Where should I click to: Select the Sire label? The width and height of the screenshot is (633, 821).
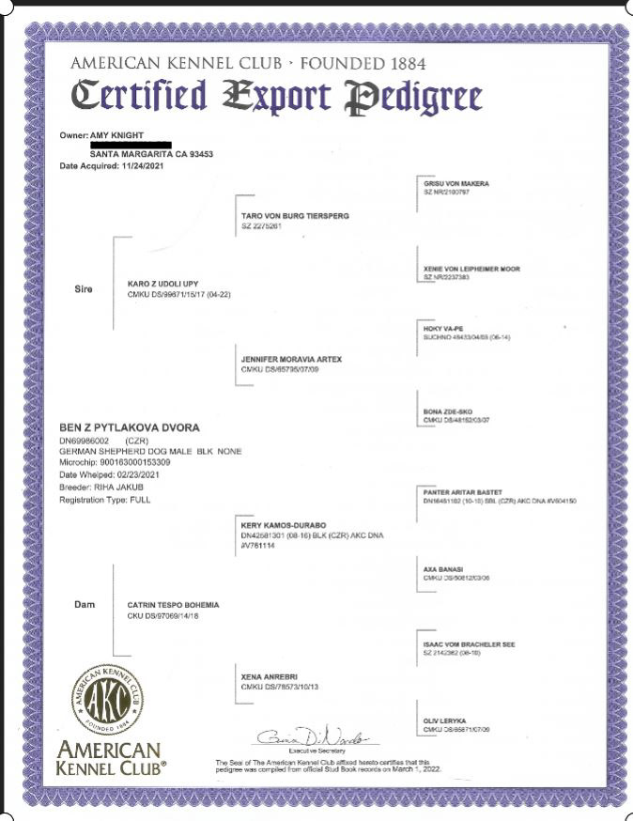84,289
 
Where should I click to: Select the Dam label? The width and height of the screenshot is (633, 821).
84,604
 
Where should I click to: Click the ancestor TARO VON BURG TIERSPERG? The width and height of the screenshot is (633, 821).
295,216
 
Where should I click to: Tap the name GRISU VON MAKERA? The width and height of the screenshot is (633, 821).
456,183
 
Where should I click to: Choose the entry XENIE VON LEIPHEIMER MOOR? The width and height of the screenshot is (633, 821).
471,270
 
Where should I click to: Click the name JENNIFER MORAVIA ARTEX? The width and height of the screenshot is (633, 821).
292,359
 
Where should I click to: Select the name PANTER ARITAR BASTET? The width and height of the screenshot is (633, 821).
463,492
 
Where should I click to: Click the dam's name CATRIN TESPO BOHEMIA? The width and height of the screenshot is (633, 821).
173,605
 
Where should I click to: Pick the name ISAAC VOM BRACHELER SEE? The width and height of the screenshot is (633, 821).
469,644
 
